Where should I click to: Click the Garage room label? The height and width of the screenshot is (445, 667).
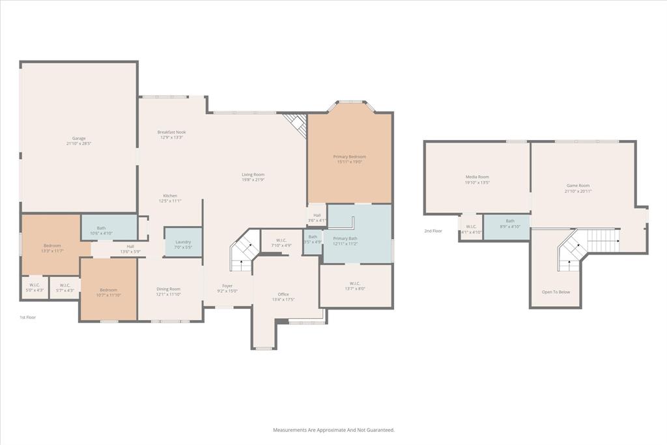(x=79, y=138)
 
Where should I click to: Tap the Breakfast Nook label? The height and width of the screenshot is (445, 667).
(x=171, y=132)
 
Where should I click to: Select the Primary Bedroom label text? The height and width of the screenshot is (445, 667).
(x=349, y=156)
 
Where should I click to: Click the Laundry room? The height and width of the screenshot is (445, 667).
(x=183, y=242)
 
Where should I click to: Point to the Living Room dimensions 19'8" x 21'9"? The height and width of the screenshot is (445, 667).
(x=253, y=180)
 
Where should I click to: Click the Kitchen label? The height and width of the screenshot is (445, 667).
(x=170, y=195)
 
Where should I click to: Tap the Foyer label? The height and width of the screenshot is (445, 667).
(x=227, y=285)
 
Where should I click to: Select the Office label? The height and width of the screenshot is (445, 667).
(x=283, y=294)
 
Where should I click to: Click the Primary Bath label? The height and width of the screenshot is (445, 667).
(x=345, y=238)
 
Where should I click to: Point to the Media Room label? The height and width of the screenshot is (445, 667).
(x=477, y=177)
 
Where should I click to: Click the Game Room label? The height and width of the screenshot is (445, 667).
(x=578, y=186)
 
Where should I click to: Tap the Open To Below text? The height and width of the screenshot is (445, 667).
(x=556, y=292)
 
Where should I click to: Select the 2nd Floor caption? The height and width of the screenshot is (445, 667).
(x=433, y=231)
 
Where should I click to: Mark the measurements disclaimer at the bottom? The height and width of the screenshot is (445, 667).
(x=333, y=430)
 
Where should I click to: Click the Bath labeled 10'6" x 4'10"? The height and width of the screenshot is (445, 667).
(x=102, y=230)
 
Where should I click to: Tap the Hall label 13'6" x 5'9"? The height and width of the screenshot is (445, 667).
(x=130, y=248)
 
